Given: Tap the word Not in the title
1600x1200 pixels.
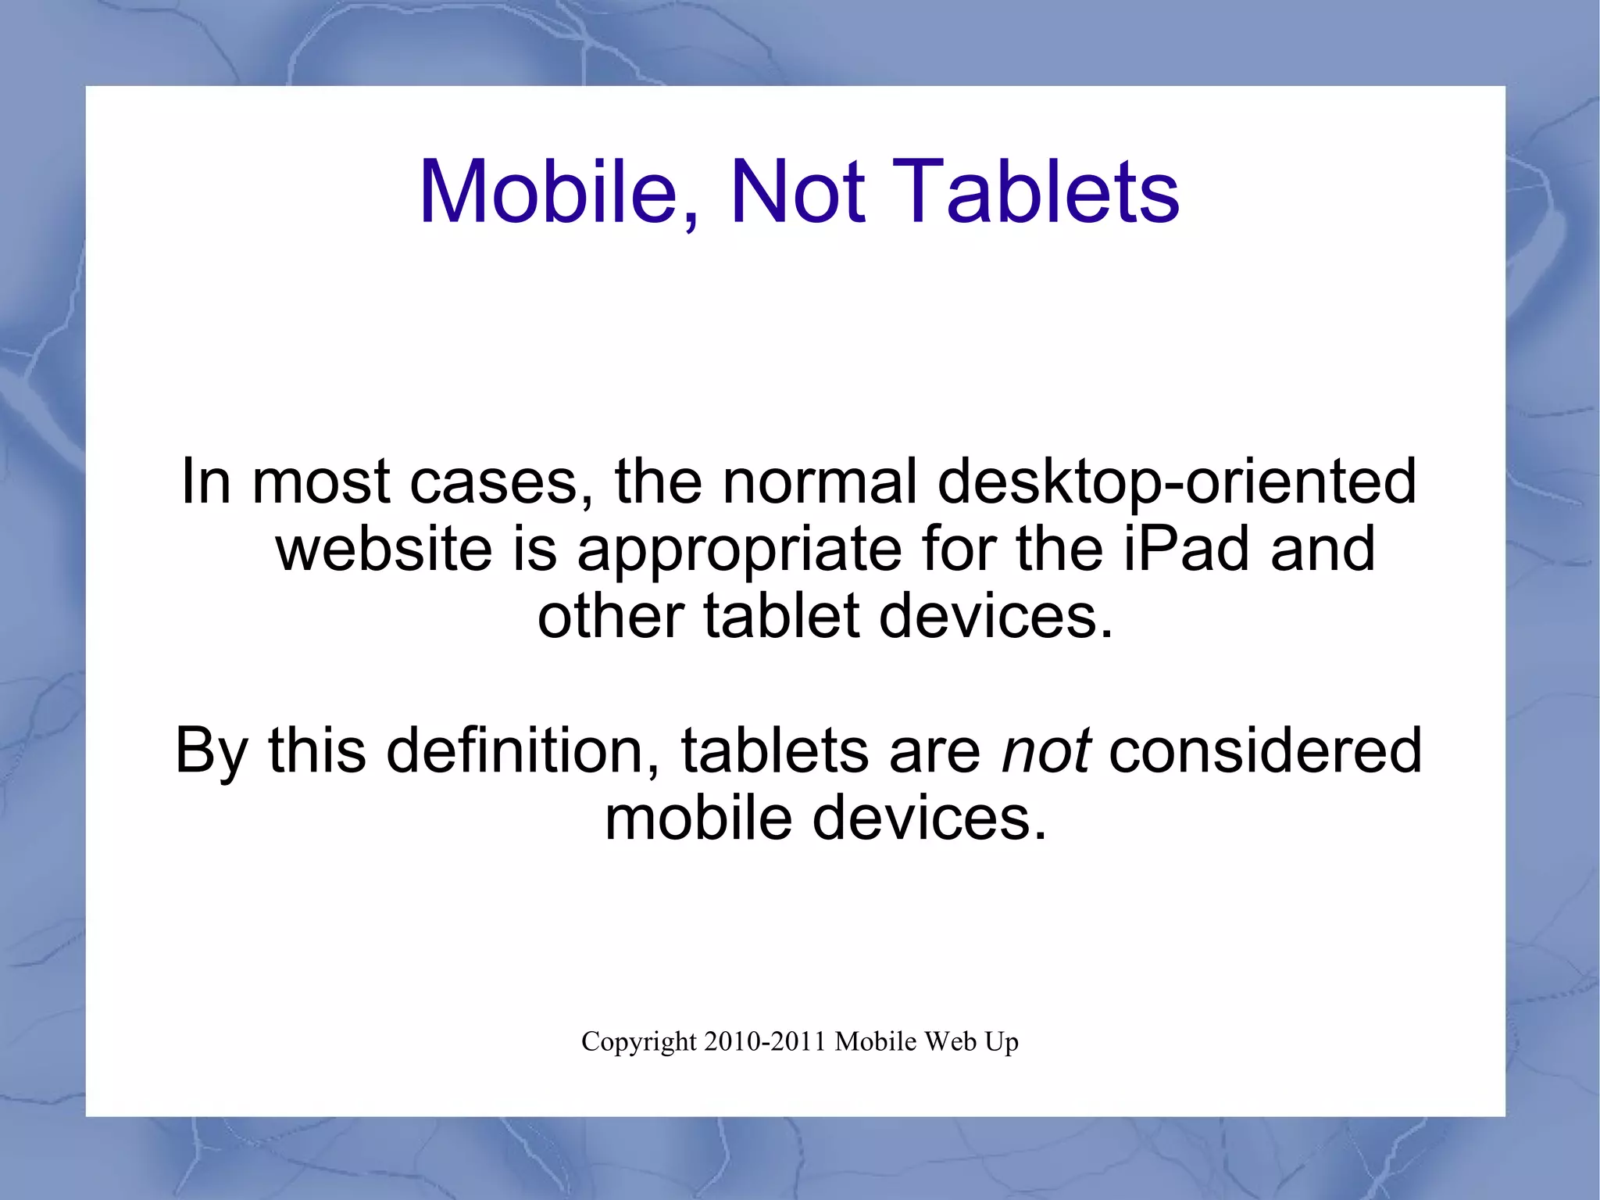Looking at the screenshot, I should click(x=797, y=192).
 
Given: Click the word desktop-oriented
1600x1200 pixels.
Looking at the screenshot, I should click(x=1177, y=482).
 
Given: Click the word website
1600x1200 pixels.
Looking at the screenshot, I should click(x=384, y=549).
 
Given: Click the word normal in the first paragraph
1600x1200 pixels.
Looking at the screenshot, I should click(x=820, y=482).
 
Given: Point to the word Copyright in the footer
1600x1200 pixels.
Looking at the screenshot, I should click(x=638, y=1042).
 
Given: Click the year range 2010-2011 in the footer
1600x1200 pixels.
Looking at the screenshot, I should click(x=765, y=1041).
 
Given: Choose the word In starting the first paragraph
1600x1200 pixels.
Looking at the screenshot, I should click(x=205, y=482).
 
